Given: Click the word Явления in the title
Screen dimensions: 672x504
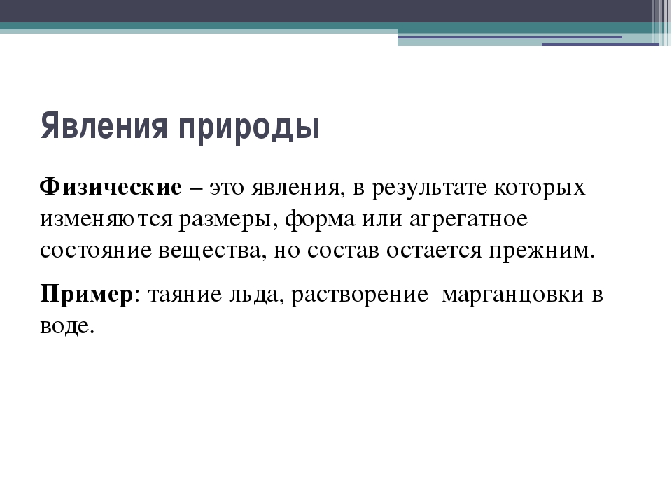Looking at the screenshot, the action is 104,125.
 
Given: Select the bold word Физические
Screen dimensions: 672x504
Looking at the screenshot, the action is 111,188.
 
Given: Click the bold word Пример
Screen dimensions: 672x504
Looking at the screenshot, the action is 87,295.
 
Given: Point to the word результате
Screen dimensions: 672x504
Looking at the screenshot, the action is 429,188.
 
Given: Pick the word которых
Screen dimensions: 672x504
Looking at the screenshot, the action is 540,188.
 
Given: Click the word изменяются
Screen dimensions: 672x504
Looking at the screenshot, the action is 106,219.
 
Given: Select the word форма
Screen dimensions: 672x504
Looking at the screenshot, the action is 320,219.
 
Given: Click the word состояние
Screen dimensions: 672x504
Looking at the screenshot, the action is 96,251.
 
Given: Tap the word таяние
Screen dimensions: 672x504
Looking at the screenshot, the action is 185,295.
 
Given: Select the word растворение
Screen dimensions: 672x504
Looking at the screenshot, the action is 360,295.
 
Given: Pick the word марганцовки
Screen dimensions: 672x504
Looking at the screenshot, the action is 512,295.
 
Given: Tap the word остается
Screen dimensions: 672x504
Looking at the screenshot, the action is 434,251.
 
